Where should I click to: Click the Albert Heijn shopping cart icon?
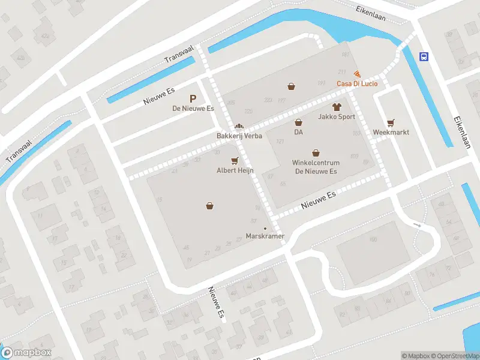click(x=235, y=161)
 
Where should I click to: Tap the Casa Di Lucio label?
click(x=356, y=83)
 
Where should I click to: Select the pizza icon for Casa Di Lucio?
click(x=357, y=74)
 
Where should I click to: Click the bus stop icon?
click(x=424, y=57)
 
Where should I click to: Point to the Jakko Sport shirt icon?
click(x=337, y=107)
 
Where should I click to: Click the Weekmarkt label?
click(x=391, y=131)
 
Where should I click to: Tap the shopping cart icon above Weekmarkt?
click(x=391, y=122)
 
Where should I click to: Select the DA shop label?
click(x=298, y=131)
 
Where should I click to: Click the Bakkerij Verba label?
click(x=239, y=136)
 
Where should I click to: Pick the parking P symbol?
click(x=193, y=99)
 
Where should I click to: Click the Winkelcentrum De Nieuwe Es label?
click(x=316, y=167)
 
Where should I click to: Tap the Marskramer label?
click(x=265, y=236)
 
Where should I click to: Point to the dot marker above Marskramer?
click(x=265, y=228)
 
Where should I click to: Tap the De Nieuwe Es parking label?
click(x=193, y=109)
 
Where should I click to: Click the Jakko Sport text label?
click(x=337, y=117)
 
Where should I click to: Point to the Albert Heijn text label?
click(x=235, y=170)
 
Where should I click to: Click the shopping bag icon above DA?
click(x=298, y=122)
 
